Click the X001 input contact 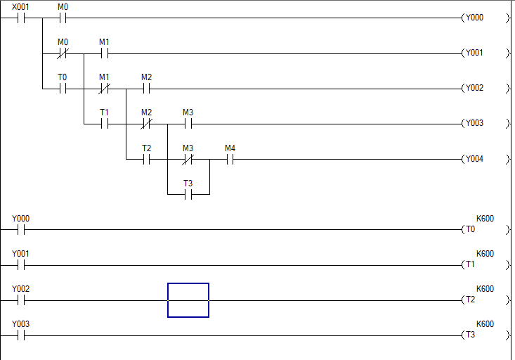click(x=20, y=18)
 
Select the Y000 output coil click(x=474, y=18)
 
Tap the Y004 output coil click(x=474, y=159)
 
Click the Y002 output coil click(x=474, y=89)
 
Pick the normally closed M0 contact click(x=63, y=53)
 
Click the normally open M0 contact click(x=63, y=18)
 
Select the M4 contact click(x=230, y=159)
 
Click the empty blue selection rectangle click(x=188, y=300)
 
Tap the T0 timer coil click(x=470, y=229)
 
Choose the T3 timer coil click(x=470, y=335)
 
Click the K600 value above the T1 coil click(x=485, y=253)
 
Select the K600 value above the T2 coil click(x=485, y=289)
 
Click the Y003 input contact click(x=20, y=335)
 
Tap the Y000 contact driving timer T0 click(x=20, y=229)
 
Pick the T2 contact click(x=146, y=159)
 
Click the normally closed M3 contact click(x=188, y=159)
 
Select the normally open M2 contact click(x=146, y=89)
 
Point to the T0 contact click(x=63, y=89)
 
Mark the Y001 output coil click(x=474, y=53)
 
